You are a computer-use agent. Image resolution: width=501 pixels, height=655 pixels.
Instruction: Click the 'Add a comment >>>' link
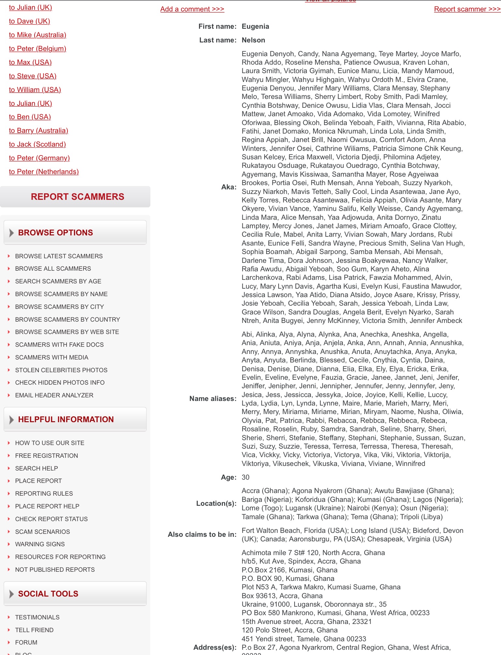(192, 9)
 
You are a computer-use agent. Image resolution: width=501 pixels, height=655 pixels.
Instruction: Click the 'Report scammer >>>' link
(467, 9)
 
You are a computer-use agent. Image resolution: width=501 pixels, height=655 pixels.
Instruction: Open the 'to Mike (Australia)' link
(38, 35)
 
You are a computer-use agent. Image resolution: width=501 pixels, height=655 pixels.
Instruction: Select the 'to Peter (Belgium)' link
(38, 49)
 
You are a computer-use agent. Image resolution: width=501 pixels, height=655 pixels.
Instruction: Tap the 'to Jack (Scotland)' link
(38, 144)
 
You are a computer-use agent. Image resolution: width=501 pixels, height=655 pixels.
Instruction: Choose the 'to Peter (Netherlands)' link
(44, 172)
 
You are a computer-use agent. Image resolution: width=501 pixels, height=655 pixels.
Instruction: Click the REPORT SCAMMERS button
(77, 197)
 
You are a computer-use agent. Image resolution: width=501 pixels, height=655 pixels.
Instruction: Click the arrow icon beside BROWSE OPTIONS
(11, 233)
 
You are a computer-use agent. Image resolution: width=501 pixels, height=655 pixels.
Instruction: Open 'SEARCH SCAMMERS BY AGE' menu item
(58, 281)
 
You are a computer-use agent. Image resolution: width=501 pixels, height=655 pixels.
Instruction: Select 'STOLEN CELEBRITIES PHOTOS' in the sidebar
(61, 370)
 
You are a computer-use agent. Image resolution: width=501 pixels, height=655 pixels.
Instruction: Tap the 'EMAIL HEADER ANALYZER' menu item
(54, 395)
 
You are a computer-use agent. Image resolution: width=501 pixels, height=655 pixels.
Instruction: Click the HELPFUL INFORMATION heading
(66, 419)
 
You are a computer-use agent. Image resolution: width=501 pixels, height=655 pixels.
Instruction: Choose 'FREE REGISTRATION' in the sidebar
(46, 455)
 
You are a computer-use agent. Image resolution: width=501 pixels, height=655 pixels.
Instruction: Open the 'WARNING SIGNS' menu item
(40, 544)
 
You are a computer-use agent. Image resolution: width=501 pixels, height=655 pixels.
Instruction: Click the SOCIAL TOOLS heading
(48, 594)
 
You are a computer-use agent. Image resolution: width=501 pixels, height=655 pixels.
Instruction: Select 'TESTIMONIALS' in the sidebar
(37, 617)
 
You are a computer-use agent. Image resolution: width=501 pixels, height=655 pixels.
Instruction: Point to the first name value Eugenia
(255, 26)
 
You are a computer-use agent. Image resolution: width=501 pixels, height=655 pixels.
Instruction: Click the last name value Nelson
(253, 40)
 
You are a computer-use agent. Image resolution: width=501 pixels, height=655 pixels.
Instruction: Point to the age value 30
(245, 477)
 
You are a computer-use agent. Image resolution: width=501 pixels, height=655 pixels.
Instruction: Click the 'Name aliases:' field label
(213, 399)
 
